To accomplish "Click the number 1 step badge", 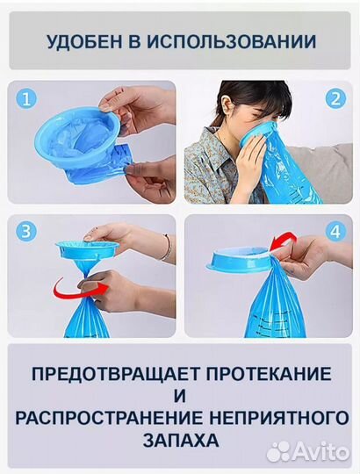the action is [26, 99].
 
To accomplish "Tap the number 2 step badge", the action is [335, 99].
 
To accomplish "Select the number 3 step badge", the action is [26, 232].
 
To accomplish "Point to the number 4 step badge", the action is [335, 232].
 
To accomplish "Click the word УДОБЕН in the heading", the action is [85, 42].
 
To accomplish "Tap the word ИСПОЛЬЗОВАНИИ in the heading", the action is [232, 42].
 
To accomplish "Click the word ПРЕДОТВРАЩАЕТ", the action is [116, 374].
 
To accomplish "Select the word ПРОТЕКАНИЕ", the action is [269, 374].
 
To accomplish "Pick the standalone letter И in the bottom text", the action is [179, 396].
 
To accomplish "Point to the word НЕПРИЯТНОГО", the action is [278, 418].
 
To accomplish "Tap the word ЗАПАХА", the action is [181, 440].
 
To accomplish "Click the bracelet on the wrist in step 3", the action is [167, 247].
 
